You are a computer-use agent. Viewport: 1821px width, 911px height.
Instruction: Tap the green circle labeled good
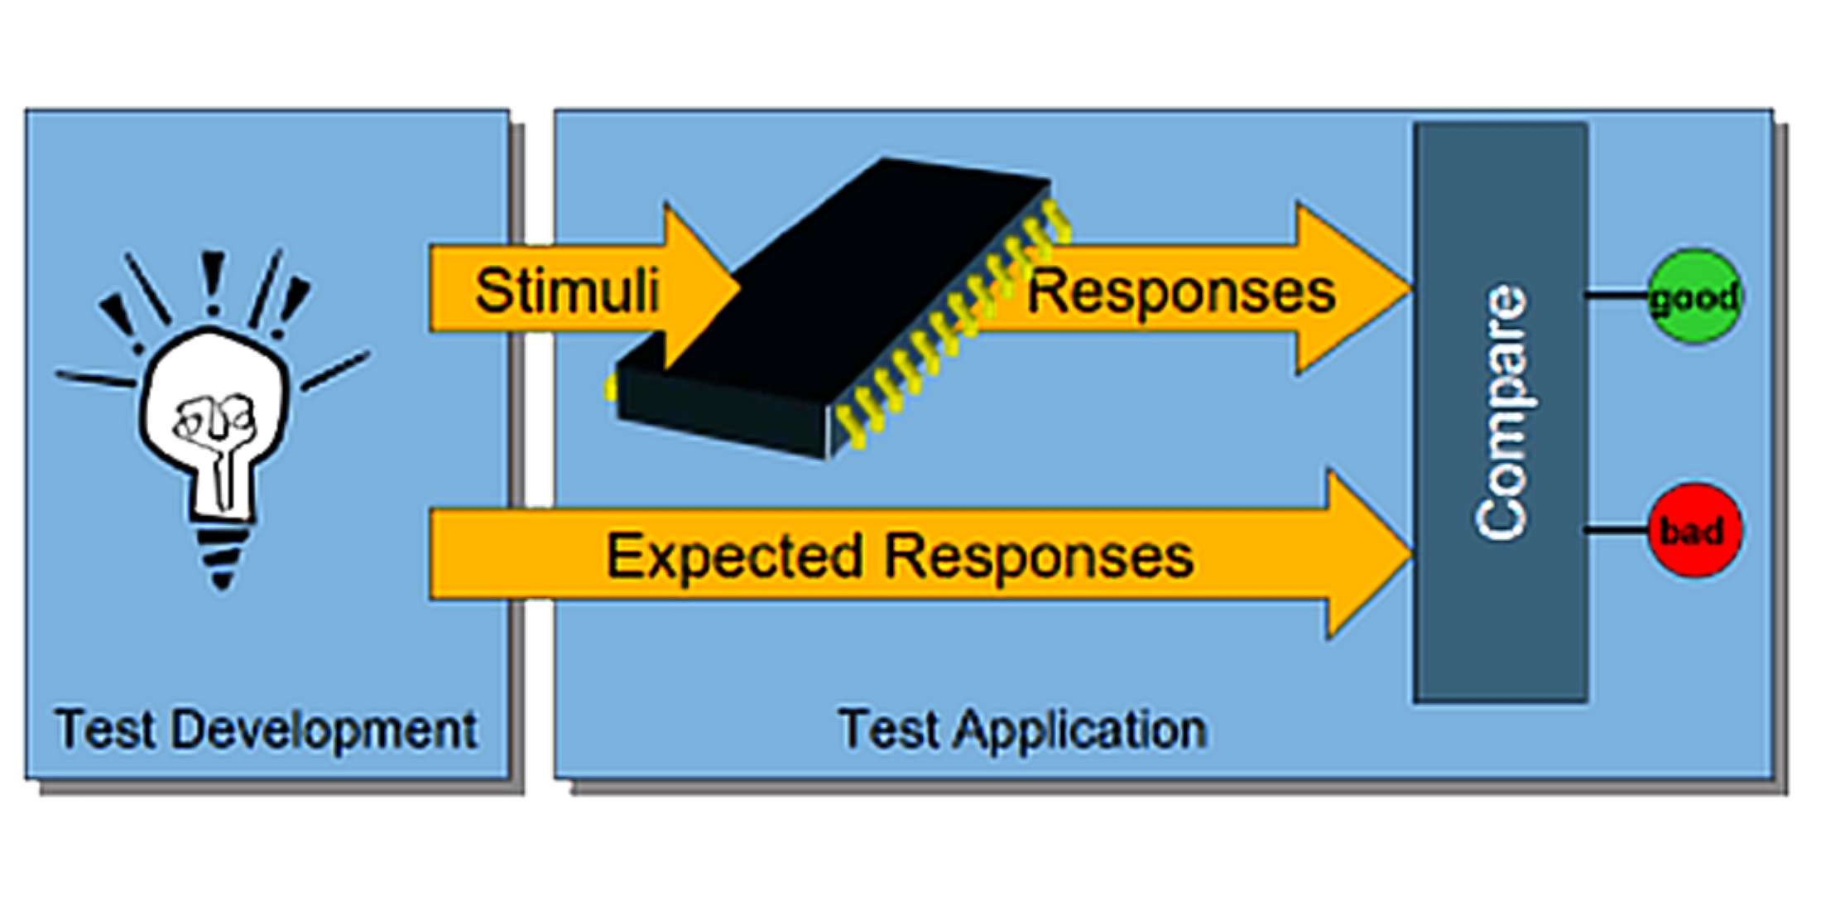point(1694,296)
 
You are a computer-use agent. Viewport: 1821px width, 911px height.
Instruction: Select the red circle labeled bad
point(1694,531)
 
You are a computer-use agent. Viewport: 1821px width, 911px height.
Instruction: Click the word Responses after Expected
point(1039,556)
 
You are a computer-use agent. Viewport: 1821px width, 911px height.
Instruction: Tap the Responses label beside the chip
point(1180,292)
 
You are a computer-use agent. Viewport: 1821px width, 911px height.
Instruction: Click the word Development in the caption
point(324,730)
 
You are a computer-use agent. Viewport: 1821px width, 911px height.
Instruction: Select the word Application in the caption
point(1080,730)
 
